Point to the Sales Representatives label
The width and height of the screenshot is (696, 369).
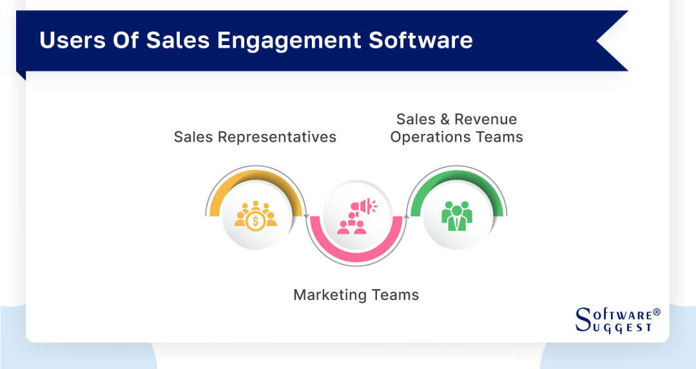255,137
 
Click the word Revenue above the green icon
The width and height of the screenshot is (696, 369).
486,119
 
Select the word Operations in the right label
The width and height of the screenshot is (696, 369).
428,137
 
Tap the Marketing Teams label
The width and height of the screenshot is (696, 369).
356,295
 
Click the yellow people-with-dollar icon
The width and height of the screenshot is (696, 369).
255,215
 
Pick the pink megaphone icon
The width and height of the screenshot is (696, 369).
356,215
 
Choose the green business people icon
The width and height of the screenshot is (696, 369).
456,215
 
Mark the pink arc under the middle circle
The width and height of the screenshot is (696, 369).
356,254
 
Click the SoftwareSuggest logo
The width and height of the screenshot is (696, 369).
617,319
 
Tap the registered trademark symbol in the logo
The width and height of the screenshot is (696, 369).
657,312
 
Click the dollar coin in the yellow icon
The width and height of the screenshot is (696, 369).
256,220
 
